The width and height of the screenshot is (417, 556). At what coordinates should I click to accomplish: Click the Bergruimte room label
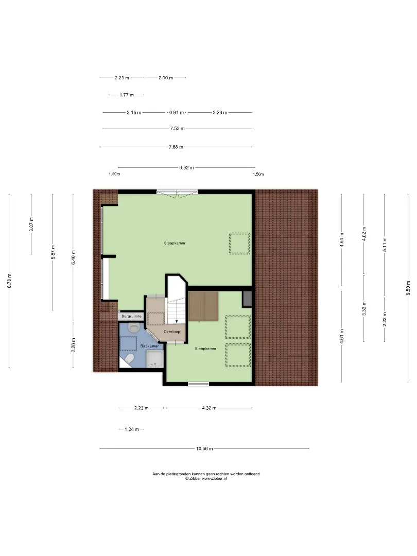pos(131,316)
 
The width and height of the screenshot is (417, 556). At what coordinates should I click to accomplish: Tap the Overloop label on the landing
pos(172,332)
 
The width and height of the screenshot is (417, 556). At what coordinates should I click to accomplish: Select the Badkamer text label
pos(150,346)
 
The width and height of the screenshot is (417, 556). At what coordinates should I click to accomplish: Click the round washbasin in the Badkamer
pos(133,327)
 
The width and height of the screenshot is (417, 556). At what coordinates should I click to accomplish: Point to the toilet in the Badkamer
pos(129,359)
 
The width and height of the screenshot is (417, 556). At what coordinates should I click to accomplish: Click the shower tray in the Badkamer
pos(154,359)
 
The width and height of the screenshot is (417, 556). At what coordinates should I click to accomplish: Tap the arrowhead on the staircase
pos(177,321)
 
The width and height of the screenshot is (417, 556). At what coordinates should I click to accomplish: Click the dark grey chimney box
pos(247,299)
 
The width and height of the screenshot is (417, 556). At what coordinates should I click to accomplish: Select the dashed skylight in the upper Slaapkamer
pos(239,243)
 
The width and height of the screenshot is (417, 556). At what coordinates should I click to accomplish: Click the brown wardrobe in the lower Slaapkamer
pos(203,306)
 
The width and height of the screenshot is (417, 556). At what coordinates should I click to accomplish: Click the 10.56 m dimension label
pos(204,448)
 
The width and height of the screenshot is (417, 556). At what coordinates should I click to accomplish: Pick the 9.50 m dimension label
pos(408,288)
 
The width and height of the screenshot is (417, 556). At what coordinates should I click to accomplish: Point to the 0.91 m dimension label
pos(177,112)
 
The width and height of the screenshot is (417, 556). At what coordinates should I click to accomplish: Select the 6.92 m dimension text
pos(186,167)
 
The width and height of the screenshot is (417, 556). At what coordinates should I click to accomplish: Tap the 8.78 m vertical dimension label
pos(10,281)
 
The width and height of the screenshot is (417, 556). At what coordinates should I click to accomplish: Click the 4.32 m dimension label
pos(209,408)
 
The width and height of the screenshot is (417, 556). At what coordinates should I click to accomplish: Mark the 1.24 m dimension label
pos(132,429)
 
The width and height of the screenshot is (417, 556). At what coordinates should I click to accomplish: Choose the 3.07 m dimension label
pos(31,224)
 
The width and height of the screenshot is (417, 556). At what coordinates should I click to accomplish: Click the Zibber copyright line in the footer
pos(206,478)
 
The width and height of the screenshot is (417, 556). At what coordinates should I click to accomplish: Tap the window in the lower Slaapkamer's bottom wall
pos(199,384)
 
